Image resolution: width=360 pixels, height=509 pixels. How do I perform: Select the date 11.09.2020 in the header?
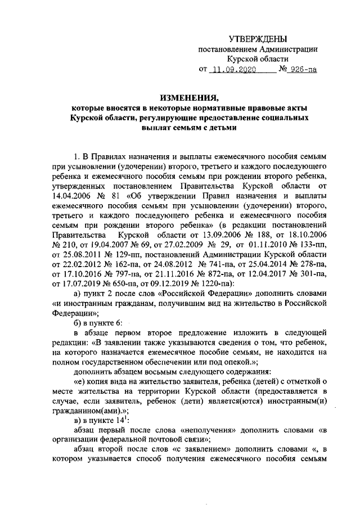235,70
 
